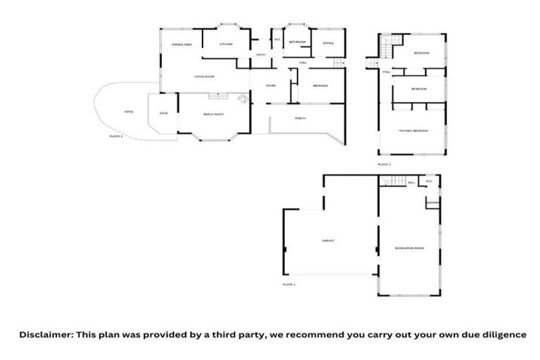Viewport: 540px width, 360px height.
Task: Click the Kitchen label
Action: [226, 44]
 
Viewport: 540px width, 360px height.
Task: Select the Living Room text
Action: [205, 76]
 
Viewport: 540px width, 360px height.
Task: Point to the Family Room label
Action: [213, 114]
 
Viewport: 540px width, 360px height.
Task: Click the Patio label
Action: [129, 111]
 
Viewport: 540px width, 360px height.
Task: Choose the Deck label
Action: [164, 113]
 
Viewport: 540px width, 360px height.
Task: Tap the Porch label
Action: [300, 117]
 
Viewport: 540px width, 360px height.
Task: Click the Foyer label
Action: [270, 86]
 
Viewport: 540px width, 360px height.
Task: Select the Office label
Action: [328, 43]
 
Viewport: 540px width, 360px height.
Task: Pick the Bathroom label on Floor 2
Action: [297, 42]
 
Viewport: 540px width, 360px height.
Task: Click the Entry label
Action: [261, 54]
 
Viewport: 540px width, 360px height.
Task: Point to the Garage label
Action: [328, 240]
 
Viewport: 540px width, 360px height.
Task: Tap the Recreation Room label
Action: [409, 248]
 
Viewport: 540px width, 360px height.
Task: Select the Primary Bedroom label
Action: [413, 131]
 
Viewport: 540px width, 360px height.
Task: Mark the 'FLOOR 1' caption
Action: [289, 284]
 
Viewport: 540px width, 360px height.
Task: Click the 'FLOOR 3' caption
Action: [384, 165]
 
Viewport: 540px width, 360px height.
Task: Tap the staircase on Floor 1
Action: [393, 182]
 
